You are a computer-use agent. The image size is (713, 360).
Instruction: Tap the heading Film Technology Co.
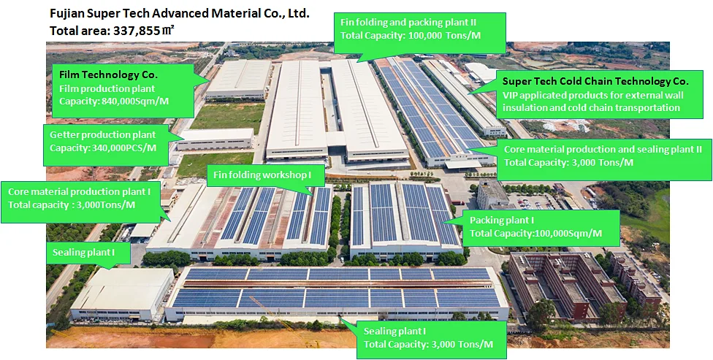[x=108, y=74]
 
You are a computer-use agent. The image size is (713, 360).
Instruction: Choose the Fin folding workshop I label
[x=260, y=175]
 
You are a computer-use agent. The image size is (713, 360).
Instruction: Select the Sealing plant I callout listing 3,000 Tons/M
[x=428, y=337]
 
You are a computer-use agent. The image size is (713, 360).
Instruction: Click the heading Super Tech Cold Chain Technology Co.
[x=595, y=81]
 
